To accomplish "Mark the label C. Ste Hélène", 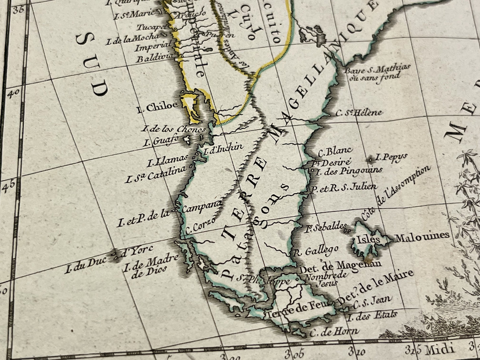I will pyautogui.click(x=359, y=113).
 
